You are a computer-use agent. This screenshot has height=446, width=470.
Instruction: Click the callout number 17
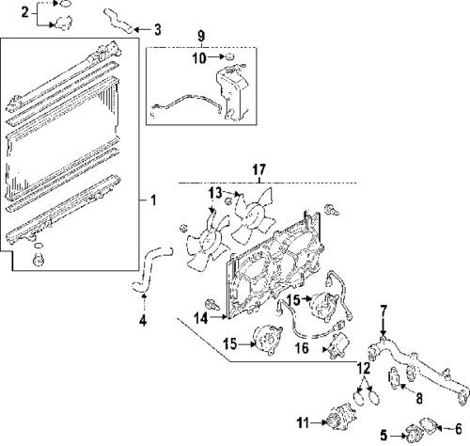(259, 169)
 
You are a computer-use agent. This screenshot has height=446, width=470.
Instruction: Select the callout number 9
(201, 36)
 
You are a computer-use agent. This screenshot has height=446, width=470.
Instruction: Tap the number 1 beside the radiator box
(153, 200)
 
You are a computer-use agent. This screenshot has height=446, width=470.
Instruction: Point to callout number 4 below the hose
(143, 321)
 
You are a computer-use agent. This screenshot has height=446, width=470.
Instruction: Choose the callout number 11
(303, 423)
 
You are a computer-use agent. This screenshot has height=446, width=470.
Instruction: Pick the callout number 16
(302, 348)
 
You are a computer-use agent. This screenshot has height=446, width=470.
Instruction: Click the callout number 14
(201, 318)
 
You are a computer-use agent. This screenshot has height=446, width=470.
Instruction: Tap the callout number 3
(158, 29)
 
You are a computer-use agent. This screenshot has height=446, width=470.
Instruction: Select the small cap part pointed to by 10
(230, 56)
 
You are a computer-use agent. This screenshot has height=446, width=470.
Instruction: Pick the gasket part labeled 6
(430, 425)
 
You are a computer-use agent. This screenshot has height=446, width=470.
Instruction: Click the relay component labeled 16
(339, 345)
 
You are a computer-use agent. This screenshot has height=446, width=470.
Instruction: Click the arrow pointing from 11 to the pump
(319, 422)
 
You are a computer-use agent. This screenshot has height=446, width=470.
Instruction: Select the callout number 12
(364, 368)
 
